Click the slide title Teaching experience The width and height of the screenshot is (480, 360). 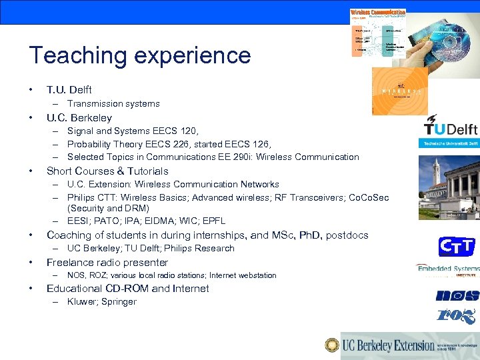coord(139,55)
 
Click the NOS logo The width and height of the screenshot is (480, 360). coord(457,295)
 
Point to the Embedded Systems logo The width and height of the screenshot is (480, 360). coord(448,269)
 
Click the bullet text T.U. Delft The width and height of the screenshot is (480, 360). coord(69,89)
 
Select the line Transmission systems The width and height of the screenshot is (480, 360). coord(113,103)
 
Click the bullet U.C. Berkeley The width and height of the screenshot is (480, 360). coord(79,118)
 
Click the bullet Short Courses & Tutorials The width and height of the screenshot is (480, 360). coord(107,171)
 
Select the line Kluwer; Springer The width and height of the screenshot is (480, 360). coord(101,301)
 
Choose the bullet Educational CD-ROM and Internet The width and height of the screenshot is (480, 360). coord(127,288)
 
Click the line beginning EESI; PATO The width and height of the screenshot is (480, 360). coord(146,221)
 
